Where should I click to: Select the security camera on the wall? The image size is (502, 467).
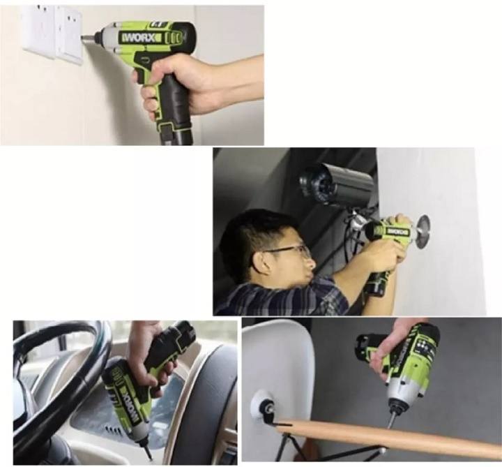point(335,183)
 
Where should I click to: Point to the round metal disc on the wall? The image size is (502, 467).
point(421,228)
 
